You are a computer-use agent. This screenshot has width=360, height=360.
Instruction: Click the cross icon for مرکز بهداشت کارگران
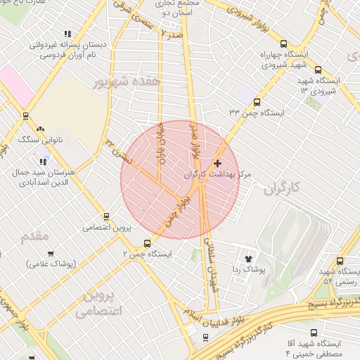pyautogui.click(x=217, y=163)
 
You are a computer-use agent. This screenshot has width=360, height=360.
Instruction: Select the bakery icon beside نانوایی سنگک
pyautogui.click(x=40, y=129)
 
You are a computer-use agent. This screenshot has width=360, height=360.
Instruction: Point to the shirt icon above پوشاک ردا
pyautogui.click(x=248, y=258)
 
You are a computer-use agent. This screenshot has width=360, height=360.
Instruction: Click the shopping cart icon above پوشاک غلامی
pyautogui.click(x=51, y=253)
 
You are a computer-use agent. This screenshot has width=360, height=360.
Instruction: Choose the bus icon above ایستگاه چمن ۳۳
pyautogui.click(x=256, y=102)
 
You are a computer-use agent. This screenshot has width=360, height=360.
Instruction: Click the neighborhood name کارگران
pyautogui.click(x=283, y=188)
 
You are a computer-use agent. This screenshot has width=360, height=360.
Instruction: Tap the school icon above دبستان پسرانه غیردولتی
pyautogui.click(x=67, y=33)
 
